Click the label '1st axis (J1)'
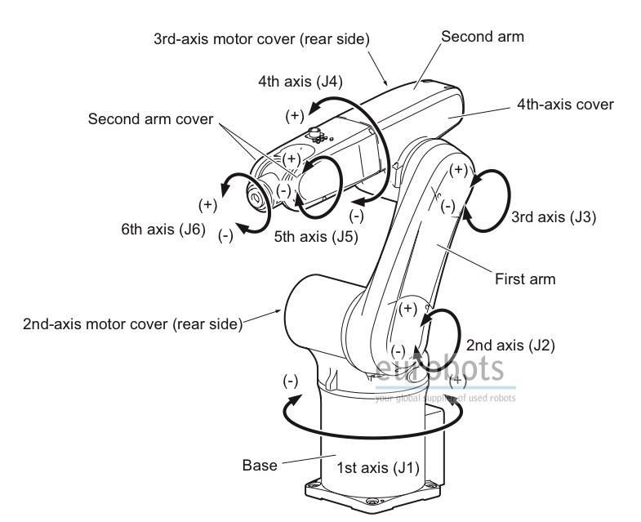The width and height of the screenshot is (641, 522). click(x=378, y=468)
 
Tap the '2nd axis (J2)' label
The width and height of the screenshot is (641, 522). click(x=510, y=345)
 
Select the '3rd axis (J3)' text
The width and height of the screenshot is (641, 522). click(x=554, y=217)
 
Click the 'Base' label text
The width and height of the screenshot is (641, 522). click(x=259, y=466)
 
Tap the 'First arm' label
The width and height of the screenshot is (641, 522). click(x=525, y=279)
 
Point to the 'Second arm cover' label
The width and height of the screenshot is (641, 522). click(x=150, y=118)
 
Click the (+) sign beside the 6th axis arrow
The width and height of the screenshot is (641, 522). click(x=207, y=204)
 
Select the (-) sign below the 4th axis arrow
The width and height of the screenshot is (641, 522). click(x=356, y=216)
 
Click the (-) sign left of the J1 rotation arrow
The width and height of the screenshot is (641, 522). click(x=290, y=381)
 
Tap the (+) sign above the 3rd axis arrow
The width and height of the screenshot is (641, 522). click(x=460, y=170)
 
